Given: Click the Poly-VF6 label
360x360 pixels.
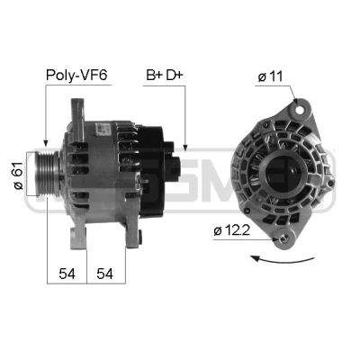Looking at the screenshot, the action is pos(76,75).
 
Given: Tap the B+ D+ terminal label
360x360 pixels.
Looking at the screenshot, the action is pos(165,75).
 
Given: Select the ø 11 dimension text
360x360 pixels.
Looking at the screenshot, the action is pos(270,76).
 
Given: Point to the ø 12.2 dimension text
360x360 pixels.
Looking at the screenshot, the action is pos(231,230).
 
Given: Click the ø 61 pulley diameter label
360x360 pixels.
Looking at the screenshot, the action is pos(18,175).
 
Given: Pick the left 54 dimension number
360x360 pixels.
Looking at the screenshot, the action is pos(67,274).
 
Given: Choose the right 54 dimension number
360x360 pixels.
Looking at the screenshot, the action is pos(104,274).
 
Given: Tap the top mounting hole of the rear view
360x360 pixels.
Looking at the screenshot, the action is pos(299,110).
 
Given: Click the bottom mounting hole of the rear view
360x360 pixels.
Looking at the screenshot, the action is pos(283,238).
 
